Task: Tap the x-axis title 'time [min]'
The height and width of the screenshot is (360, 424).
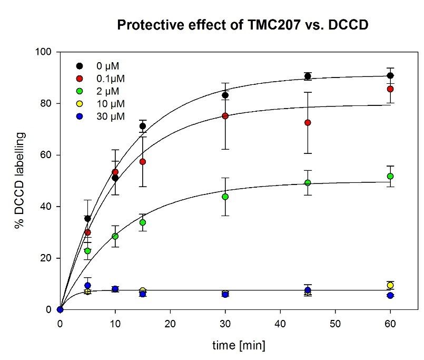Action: [239, 346]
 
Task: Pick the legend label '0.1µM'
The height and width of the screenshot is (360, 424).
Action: [112, 79]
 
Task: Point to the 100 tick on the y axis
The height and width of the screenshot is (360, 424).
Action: [47, 52]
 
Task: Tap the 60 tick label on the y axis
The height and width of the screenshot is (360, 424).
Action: [49, 155]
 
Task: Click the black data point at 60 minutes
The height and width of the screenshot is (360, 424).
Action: [390, 76]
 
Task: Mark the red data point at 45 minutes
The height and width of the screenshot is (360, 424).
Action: [308, 123]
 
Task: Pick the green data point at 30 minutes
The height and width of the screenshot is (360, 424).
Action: [225, 197]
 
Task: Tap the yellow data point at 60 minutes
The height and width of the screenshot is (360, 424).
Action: [390, 285]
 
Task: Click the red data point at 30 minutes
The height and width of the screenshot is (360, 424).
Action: [225, 116]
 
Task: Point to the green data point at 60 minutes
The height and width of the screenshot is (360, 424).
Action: [390, 176]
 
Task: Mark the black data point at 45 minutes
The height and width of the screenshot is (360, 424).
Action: [308, 76]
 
